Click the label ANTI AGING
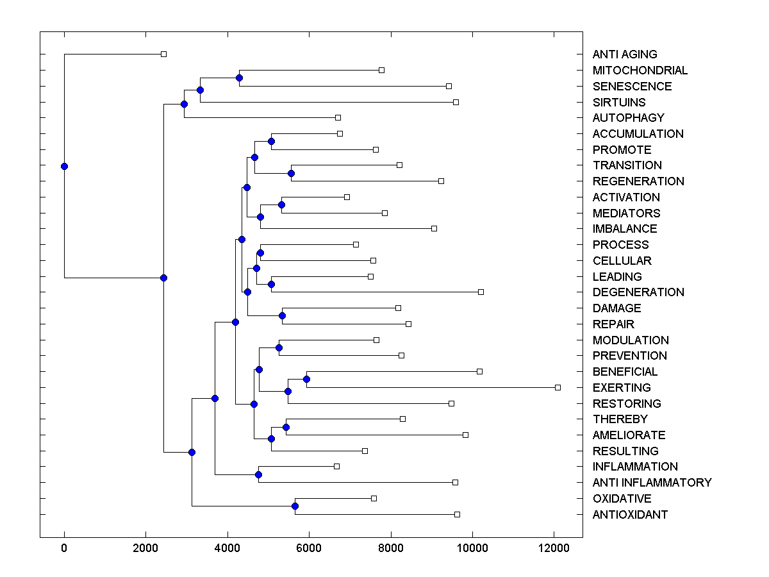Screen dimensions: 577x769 point(625,54)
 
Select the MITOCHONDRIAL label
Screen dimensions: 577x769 point(640,71)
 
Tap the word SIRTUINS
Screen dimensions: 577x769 point(619,102)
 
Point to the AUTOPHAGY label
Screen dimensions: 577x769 point(629,118)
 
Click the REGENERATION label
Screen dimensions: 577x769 point(638,181)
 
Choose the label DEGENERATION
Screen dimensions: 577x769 point(638,292)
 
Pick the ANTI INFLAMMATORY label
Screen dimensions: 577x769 point(652,483)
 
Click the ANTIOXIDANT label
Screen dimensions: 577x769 point(630,515)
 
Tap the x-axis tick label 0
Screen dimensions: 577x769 point(64,547)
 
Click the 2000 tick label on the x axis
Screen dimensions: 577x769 point(145,547)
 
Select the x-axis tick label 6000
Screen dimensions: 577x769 point(309,547)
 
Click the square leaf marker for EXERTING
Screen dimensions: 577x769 point(558,387)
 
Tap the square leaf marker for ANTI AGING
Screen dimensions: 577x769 point(163,54)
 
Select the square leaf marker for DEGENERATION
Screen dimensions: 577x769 point(481,292)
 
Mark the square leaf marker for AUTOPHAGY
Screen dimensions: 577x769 point(338,118)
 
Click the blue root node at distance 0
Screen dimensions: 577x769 point(64,166)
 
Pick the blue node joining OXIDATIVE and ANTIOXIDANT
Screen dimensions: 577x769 point(295,506)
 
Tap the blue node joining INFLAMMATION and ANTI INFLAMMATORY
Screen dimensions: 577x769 point(258,474)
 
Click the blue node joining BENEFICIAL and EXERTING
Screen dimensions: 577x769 point(306,379)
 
